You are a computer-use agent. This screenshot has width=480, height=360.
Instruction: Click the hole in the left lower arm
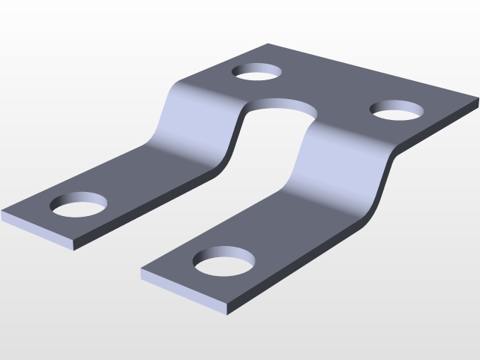coord(78,204)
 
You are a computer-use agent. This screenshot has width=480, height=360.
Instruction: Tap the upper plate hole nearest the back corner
coord(257,72)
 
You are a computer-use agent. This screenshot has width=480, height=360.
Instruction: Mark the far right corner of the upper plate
coord(477,106)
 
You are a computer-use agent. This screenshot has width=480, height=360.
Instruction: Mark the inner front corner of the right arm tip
coord(142,270)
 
